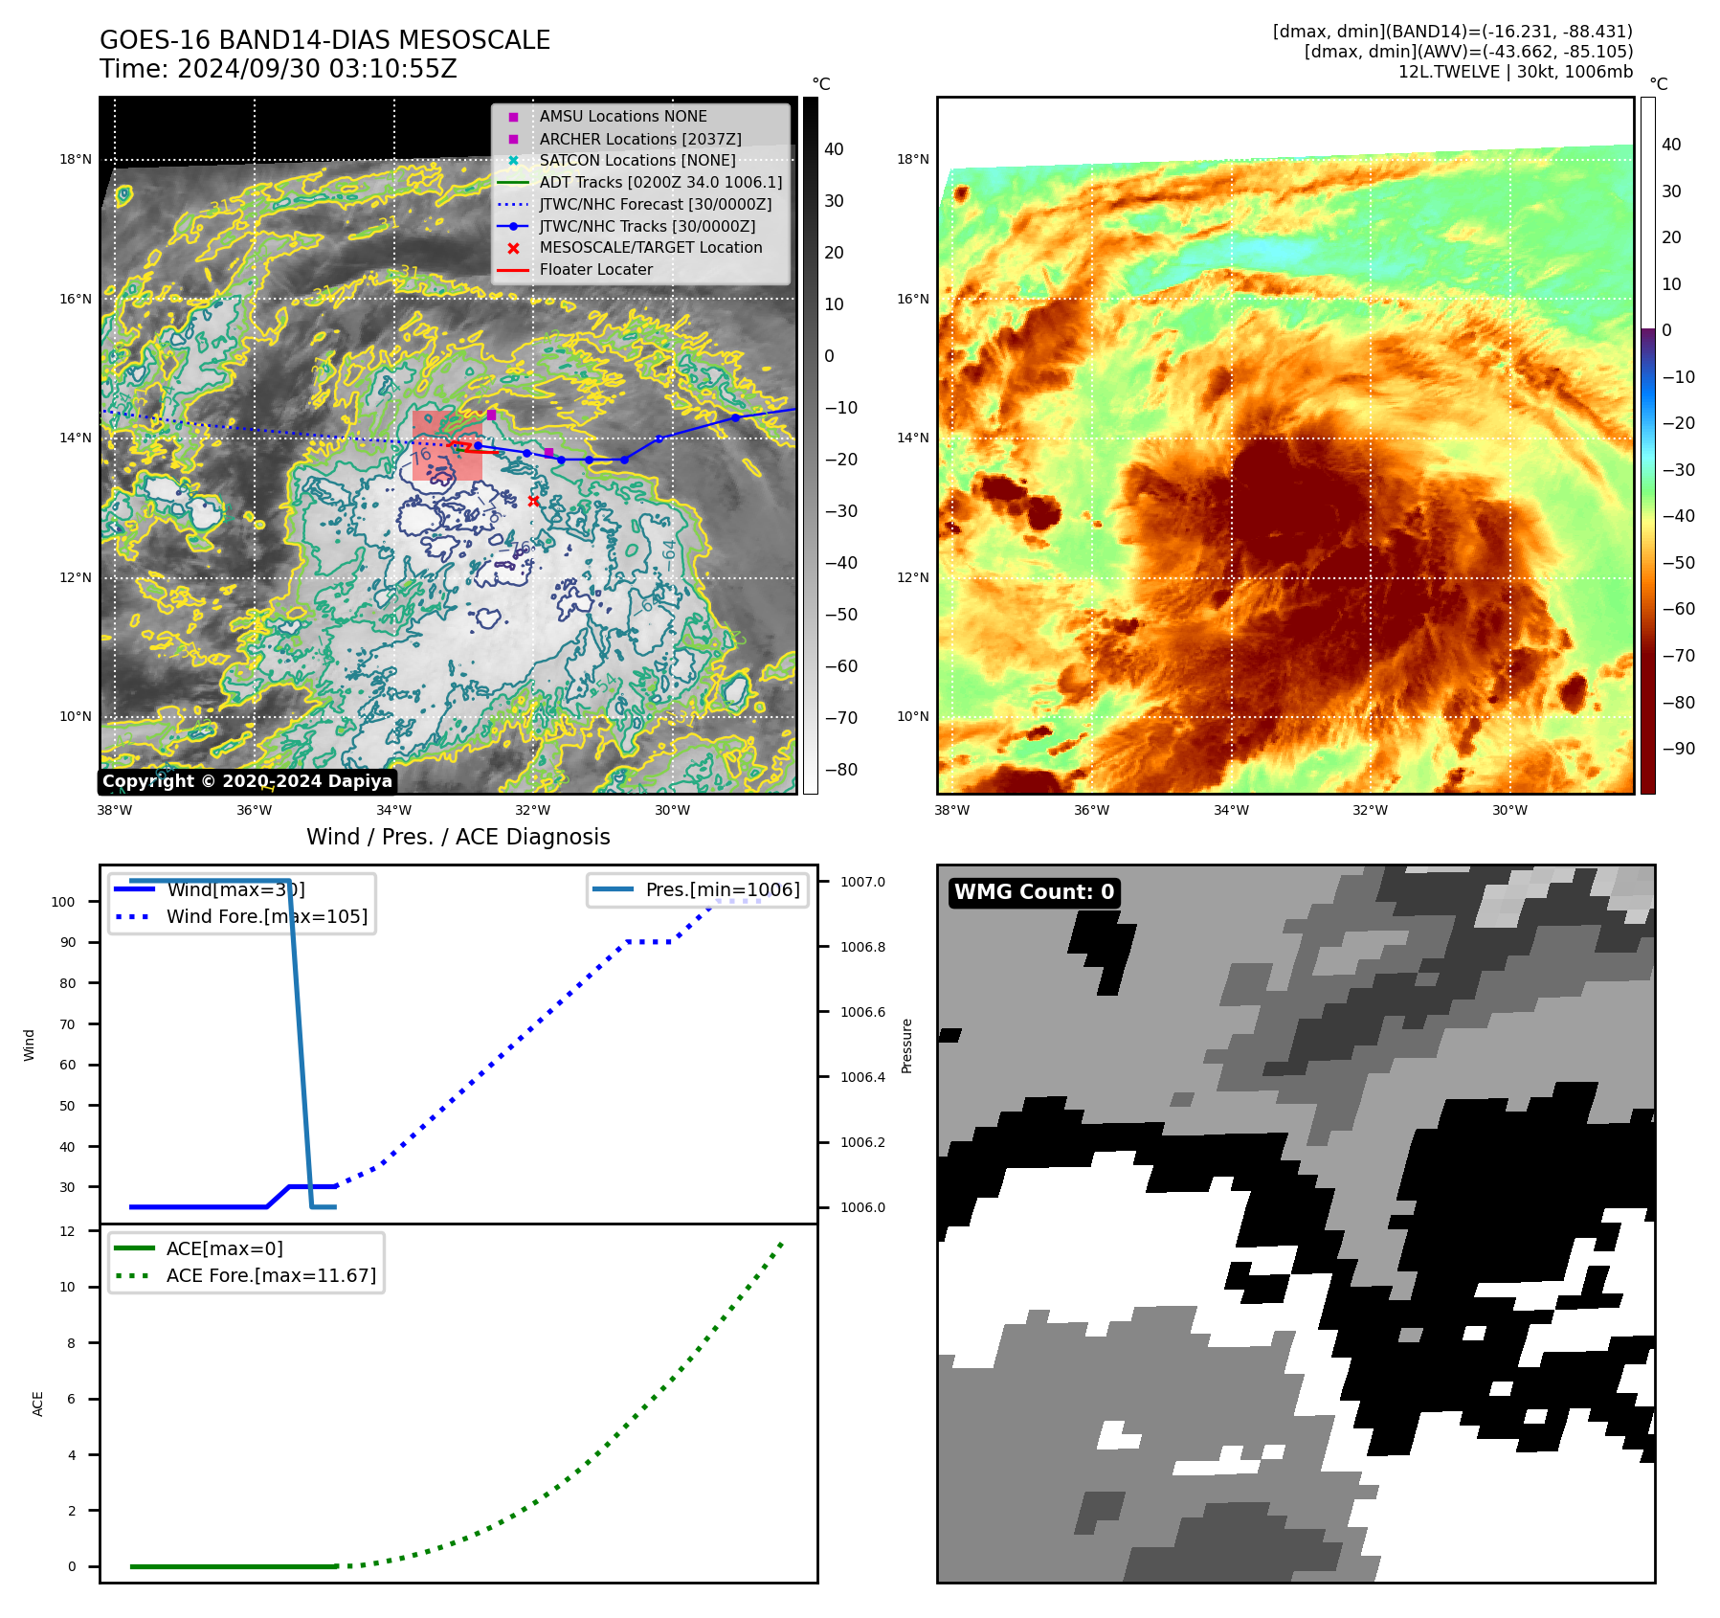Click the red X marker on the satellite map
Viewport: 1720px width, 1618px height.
pos(533,501)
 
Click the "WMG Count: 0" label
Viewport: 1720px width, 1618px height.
pos(1034,892)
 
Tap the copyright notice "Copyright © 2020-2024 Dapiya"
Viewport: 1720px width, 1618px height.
pos(247,781)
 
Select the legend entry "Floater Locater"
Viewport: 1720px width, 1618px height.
pos(595,270)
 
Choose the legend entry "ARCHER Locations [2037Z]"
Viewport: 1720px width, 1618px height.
pos(639,139)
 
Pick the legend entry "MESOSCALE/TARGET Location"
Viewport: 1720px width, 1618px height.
pos(650,248)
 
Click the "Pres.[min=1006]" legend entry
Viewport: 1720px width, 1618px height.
pos(722,889)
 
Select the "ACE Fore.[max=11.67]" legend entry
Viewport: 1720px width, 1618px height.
pos(271,1275)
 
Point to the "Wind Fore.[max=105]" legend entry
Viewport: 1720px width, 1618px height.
pos(266,916)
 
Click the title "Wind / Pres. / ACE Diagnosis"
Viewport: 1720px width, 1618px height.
pos(458,837)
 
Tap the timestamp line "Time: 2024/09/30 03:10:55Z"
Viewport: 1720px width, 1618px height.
pos(279,70)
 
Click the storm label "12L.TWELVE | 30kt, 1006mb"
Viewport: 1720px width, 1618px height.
pos(1515,72)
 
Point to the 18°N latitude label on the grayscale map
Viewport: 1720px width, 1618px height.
pos(76,160)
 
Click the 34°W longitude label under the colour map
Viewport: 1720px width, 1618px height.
pos(1231,810)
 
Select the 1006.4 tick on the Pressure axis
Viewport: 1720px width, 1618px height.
pos(862,1077)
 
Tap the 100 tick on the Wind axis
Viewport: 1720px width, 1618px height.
pos(63,902)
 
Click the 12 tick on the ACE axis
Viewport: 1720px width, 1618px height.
pos(67,1231)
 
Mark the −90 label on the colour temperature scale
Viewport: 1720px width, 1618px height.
pos(1678,749)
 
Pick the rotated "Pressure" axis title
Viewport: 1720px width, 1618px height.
pos(906,1045)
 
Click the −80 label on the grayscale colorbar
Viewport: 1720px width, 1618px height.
pos(840,770)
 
